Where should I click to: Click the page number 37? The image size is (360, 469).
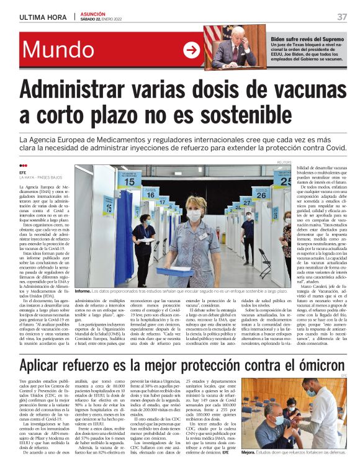point(342,17)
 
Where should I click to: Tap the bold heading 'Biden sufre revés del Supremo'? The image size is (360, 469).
point(307,39)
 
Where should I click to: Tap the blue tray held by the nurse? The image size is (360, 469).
point(174,271)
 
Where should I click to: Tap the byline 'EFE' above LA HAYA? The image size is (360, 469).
point(23,173)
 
